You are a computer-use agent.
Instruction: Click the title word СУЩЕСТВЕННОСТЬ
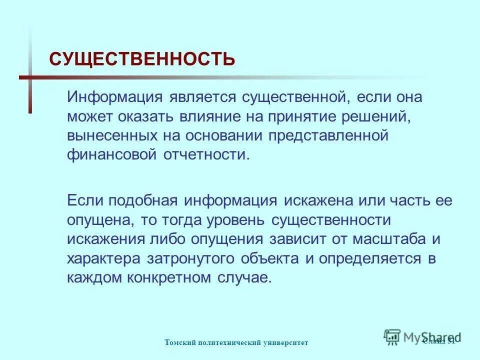(142, 59)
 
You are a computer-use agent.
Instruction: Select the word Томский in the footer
(178, 342)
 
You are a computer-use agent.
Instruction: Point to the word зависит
(298, 239)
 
